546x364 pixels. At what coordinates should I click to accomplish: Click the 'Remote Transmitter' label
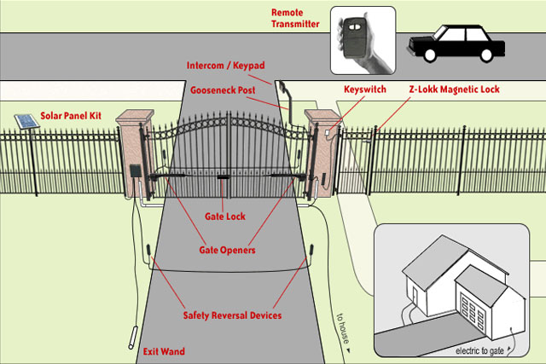(295, 18)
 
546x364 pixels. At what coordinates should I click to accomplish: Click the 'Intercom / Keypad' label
(224, 66)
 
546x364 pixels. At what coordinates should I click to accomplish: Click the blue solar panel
(25, 122)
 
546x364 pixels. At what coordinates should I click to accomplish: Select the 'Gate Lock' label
(224, 217)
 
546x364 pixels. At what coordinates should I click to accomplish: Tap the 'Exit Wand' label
(162, 351)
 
